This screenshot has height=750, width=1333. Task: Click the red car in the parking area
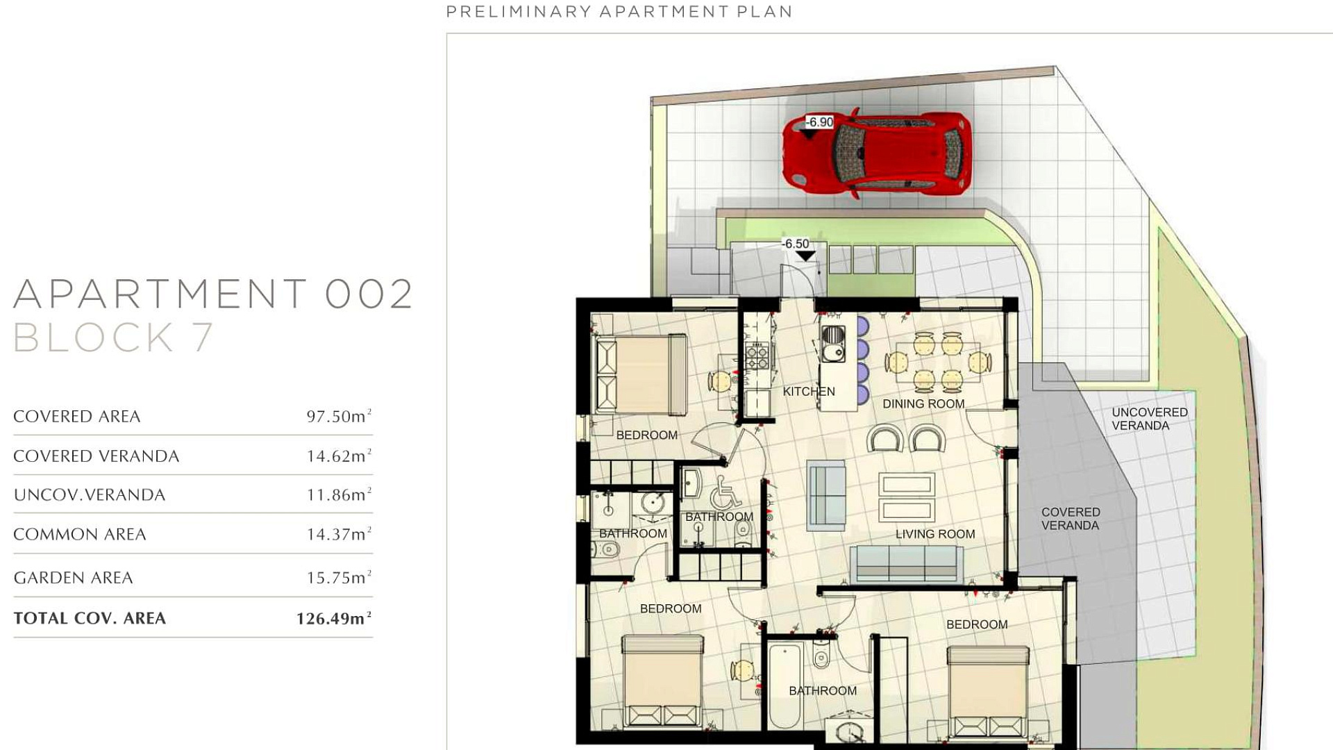pyautogui.click(x=876, y=153)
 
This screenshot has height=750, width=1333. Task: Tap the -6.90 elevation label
pyautogui.click(x=819, y=122)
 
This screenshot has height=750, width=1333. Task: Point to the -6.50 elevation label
pyautogui.click(x=796, y=244)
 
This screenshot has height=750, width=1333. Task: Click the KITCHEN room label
pyautogui.click(x=809, y=392)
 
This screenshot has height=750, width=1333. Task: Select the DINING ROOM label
pyautogui.click(x=923, y=404)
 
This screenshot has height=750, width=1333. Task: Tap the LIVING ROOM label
pyautogui.click(x=935, y=534)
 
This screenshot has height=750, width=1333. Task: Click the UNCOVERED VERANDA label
pyautogui.click(x=1150, y=419)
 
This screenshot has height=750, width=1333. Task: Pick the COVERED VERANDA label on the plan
pyautogui.click(x=1071, y=519)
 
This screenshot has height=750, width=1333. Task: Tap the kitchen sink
pyautogui.click(x=833, y=344)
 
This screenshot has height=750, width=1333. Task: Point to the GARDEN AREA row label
pyautogui.click(x=73, y=578)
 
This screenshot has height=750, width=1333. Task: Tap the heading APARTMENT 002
pyautogui.click(x=213, y=294)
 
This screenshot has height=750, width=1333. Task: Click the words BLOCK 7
pyautogui.click(x=113, y=337)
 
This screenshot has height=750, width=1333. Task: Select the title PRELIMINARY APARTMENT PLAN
pyautogui.click(x=619, y=12)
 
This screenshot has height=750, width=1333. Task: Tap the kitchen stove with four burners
pyautogui.click(x=757, y=357)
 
